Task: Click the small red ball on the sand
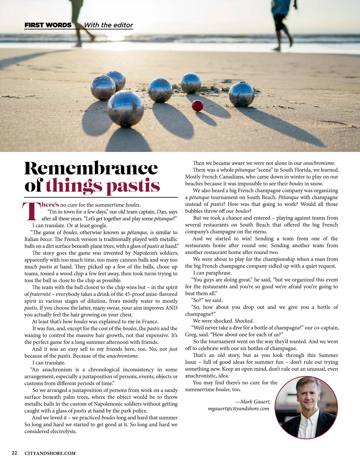pyautogui.click(x=197, y=106)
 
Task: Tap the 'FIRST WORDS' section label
pyautogui.click(x=48, y=25)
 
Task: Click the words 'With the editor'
pyautogui.click(x=109, y=25)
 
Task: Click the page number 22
pyautogui.click(x=14, y=453)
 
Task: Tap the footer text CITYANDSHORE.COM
pyautogui.click(x=50, y=453)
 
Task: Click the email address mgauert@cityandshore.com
pyautogui.click(x=238, y=409)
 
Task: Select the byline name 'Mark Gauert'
pyautogui.click(x=255, y=402)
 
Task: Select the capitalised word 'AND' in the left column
pyautogui.click(x=171, y=308)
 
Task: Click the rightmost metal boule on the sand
pyautogui.click(x=241, y=94)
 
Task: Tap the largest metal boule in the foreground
pyautogui.click(x=125, y=109)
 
